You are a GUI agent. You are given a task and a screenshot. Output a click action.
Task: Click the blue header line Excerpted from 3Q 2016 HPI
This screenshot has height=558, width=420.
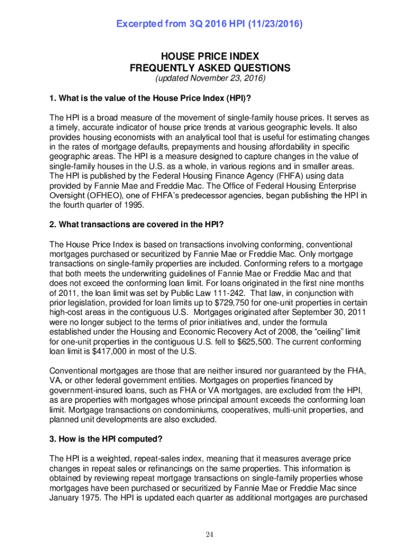(210, 25)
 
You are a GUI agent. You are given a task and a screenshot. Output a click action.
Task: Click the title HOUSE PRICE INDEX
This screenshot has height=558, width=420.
(210, 57)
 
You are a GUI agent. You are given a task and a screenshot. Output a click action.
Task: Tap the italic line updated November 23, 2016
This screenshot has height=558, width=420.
(210, 79)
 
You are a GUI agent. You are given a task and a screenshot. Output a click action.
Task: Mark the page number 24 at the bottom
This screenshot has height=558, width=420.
(209, 534)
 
